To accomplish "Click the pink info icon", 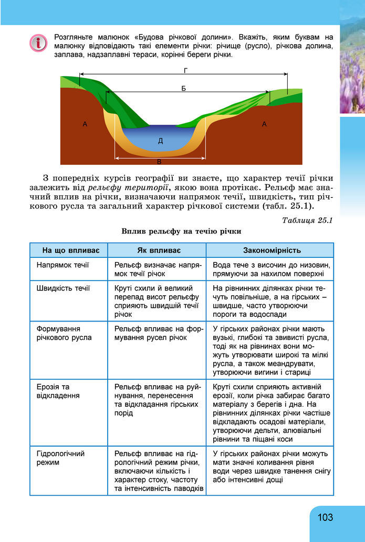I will click(38, 43).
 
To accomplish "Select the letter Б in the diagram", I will click(183, 88).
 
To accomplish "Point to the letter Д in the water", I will click(160, 140).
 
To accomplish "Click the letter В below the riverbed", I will click(159, 162).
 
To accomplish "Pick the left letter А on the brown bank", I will click(85, 124).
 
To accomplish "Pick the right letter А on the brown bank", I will click(264, 124).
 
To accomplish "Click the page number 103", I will click(325, 517).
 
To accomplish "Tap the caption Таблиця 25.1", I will click(307, 220).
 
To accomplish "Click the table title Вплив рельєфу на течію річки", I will click(181, 231).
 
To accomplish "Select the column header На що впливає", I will click(68, 250).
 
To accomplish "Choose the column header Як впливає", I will click(156, 250).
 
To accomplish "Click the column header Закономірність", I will click(269, 250).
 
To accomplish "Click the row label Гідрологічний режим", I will click(60, 458).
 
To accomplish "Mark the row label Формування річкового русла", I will click(64, 333).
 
